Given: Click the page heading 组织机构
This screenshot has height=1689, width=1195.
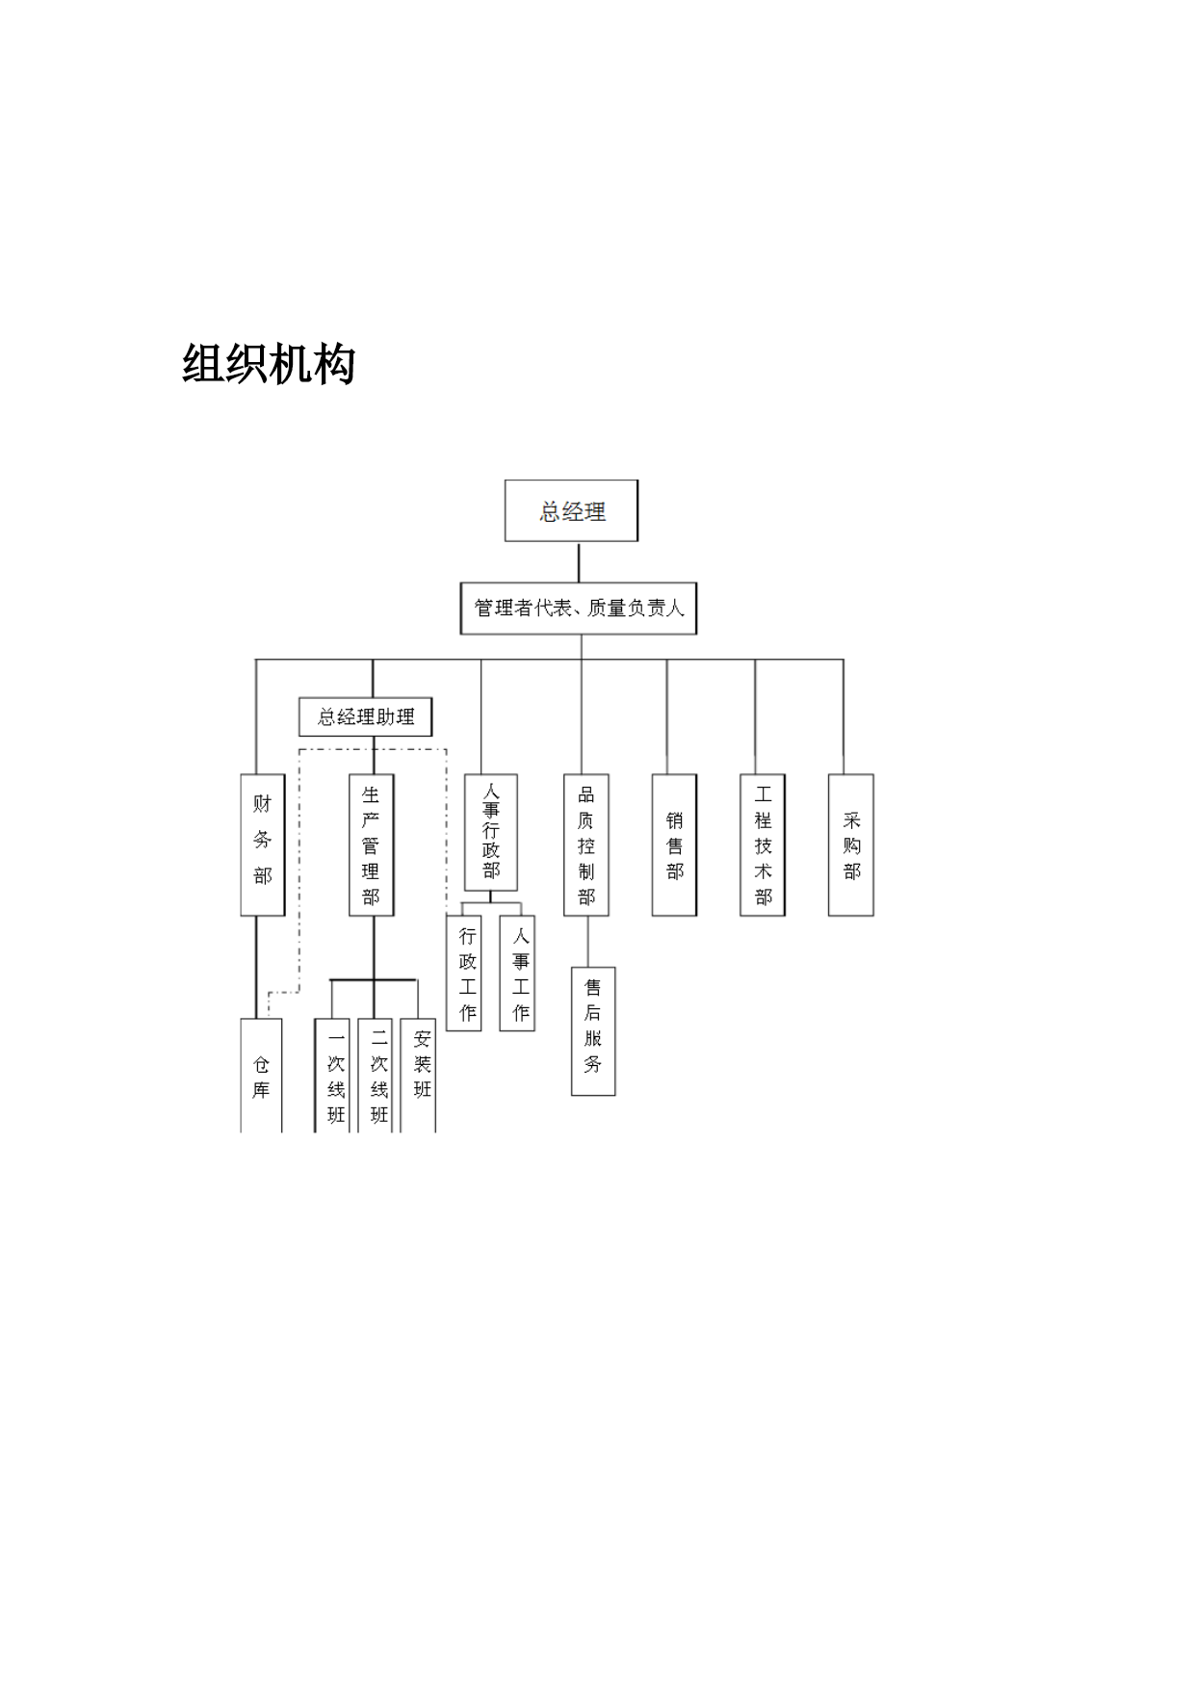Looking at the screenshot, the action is click(x=269, y=364).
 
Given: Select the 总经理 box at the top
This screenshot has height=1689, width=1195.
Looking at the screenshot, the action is click(x=572, y=510).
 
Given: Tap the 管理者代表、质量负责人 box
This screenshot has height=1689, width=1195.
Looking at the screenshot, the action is click(x=579, y=608).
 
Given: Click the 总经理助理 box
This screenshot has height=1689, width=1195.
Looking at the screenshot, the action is click(x=366, y=716).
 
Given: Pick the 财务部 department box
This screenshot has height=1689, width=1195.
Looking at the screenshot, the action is click(x=263, y=844).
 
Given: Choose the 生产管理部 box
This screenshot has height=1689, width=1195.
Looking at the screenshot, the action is click(x=372, y=844).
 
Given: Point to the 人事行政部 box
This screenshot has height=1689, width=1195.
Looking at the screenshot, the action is click(x=491, y=832).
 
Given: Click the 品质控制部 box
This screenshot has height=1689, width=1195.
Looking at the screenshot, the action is click(x=586, y=844).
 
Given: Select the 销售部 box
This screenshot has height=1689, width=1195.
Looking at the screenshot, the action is click(x=674, y=844).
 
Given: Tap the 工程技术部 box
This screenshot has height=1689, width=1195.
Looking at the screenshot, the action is click(x=763, y=844).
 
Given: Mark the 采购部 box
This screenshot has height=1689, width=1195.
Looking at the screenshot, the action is click(x=851, y=844).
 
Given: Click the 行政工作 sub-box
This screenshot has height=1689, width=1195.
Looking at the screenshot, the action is click(x=464, y=973).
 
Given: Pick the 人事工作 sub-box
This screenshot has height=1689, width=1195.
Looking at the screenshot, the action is click(x=517, y=973).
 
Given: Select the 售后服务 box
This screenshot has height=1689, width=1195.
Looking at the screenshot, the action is click(x=593, y=1031).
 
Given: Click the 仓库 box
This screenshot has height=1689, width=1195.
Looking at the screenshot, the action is click(x=261, y=1076).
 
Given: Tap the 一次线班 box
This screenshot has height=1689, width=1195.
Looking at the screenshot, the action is click(x=332, y=1076).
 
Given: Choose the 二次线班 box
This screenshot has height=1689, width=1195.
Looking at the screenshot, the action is click(x=376, y=1076).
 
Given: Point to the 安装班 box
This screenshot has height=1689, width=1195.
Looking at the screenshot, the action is click(x=419, y=1076).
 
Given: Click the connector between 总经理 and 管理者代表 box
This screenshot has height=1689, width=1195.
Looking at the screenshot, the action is click(x=579, y=561).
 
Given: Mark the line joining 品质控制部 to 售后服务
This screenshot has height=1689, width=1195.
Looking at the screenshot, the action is click(x=588, y=941).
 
